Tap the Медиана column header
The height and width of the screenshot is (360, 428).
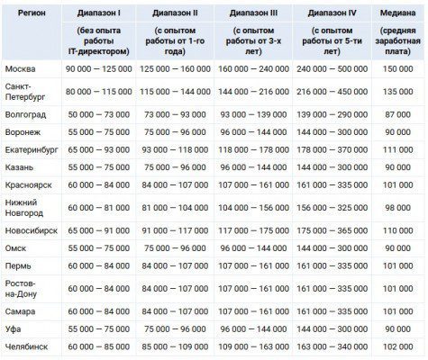[x=397, y=13]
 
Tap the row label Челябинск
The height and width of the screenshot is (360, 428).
[x=26, y=346]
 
